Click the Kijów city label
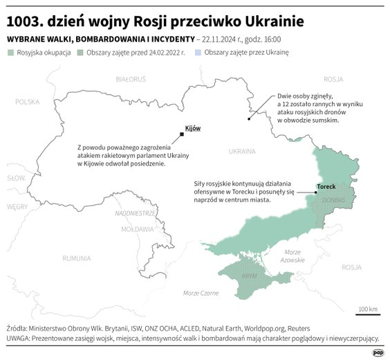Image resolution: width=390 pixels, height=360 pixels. point(192,129)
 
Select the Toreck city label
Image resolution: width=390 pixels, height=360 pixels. point(326,187)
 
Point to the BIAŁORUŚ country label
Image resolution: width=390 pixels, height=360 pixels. point(131,80)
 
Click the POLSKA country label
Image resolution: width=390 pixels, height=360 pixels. point(28,102)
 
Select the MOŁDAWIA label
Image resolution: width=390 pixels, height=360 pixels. point(137,228)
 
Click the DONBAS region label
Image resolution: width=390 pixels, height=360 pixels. point(333,200)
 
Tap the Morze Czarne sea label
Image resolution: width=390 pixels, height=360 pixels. point(201,293)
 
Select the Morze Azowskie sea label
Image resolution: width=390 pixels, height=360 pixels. point(294,255)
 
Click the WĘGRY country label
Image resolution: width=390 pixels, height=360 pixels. point(17,206)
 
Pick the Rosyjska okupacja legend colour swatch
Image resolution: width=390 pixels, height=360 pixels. point(10,53)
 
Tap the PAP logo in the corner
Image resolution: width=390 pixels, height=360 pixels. point(378,352)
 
